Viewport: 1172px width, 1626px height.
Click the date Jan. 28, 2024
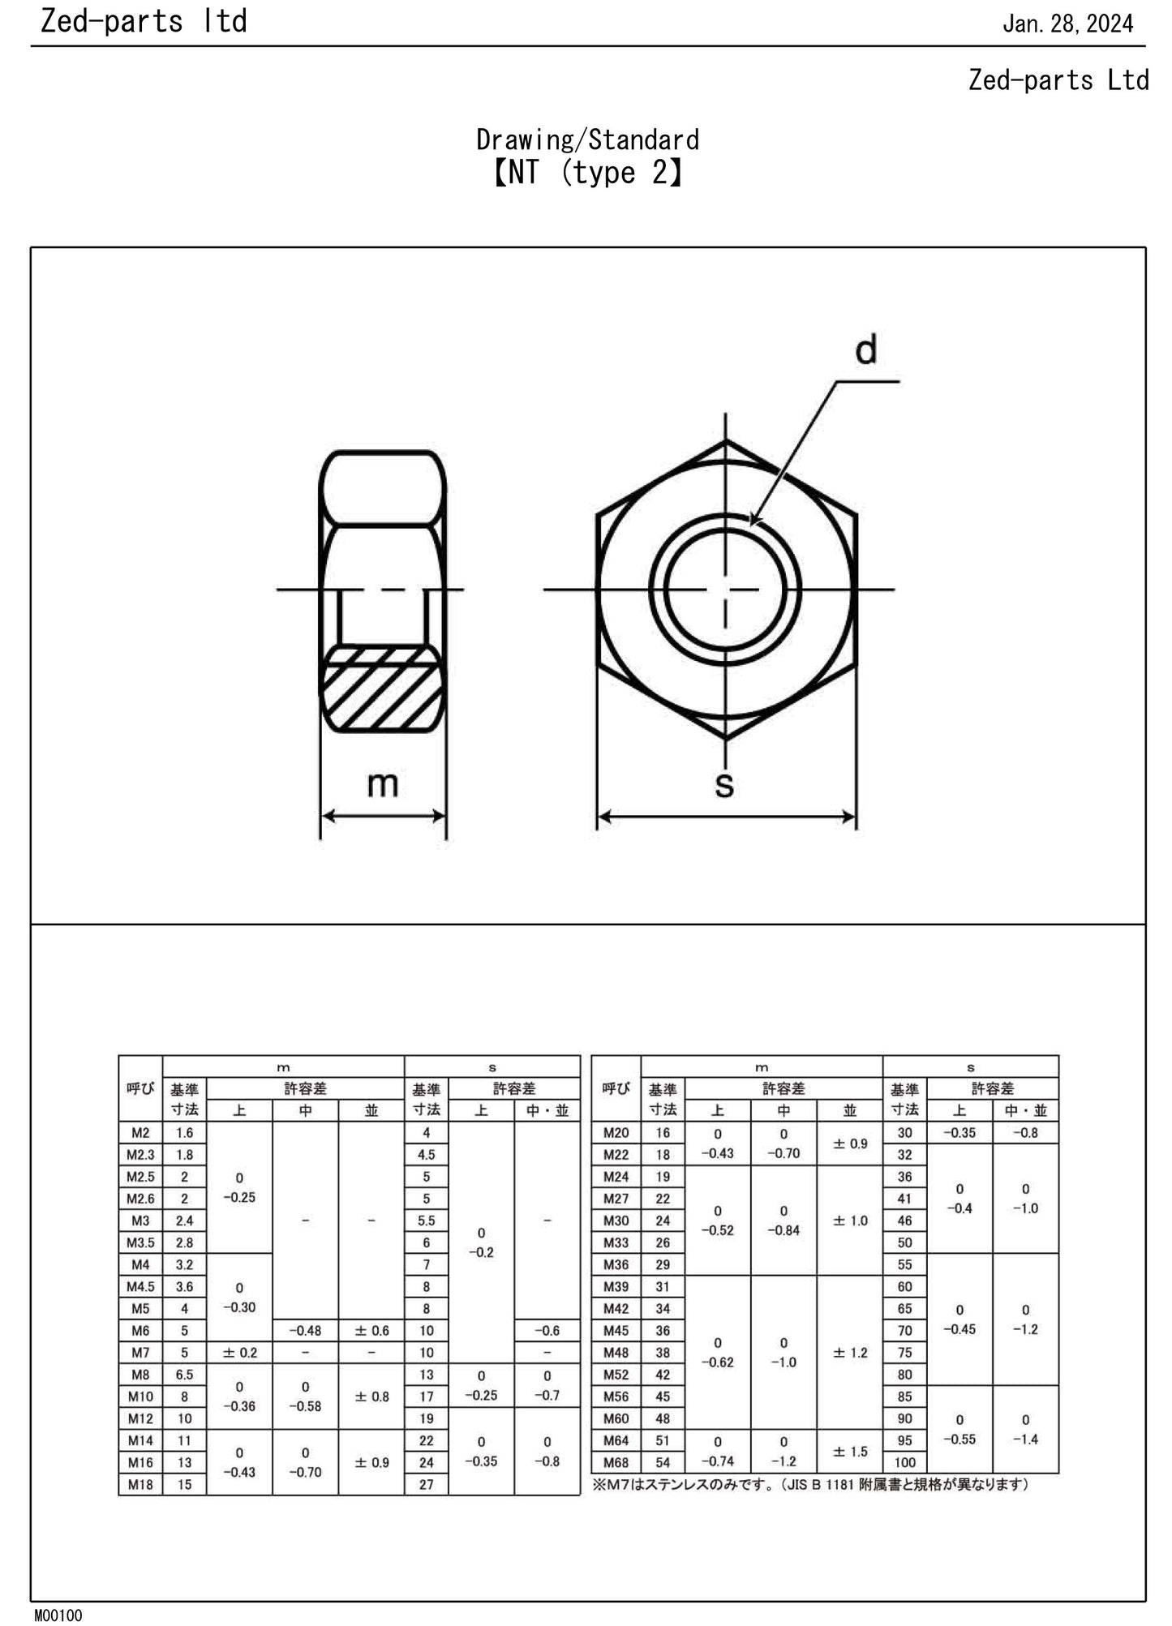click(x=1067, y=24)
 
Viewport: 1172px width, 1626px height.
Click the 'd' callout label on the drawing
click(x=866, y=350)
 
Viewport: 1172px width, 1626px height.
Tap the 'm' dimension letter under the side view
click(x=383, y=784)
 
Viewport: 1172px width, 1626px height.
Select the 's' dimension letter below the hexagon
click(x=724, y=784)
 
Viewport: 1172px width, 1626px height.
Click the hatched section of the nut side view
click(x=382, y=689)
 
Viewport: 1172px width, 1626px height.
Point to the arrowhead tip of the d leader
click(x=752, y=525)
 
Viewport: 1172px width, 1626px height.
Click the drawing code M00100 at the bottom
click(x=58, y=1615)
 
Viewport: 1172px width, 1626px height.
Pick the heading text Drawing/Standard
click(x=587, y=140)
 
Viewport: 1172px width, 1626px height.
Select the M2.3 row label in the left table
click(x=140, y=1155)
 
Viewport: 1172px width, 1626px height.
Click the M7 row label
click(x=140, y=1353)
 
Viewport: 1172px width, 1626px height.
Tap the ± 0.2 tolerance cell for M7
click(x=239, y=1353)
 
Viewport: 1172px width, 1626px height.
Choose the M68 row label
click(x=616, y=1463)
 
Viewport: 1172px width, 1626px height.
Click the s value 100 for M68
click(x=904, y=1463)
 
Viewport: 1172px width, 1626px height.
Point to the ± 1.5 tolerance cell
click(x=849, y=1452)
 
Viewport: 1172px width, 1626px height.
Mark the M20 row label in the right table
click(x=616, y=1133)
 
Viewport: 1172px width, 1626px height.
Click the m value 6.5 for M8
click(x=184, y=1375)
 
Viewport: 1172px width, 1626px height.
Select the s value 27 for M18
click(x=426, y=1485)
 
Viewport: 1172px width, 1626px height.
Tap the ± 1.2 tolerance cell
click(x=849, y=1353)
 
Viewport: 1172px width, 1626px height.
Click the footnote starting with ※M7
click(x=811, y=1485)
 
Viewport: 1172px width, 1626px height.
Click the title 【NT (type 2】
click(x=587, y=173)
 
